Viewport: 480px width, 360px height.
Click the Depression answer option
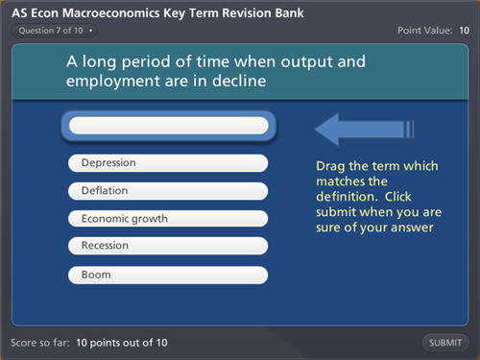(168, 163)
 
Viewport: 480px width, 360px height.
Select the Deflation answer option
(168, 191)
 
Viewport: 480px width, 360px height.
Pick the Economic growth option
(168, 219)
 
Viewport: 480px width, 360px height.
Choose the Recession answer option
(168, 246)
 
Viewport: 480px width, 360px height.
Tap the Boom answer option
(168, 275)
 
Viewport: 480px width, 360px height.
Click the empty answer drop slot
(169, 125)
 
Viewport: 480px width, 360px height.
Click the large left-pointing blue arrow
(364, 130)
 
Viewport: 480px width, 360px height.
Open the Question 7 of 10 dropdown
(55, 31)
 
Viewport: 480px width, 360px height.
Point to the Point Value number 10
(464, 31)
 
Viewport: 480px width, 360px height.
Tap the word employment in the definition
(113, 82)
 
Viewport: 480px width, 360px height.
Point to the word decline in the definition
(239, 81)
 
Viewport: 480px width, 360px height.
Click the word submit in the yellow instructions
(336, 212)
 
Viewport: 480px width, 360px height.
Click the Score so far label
(40, 343)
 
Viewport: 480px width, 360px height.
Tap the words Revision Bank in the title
(263, 13)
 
